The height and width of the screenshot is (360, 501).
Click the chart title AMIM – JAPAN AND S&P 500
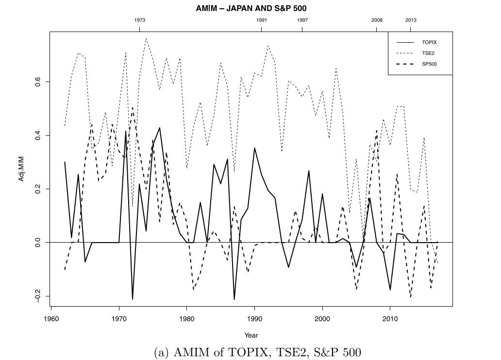(x=251, y=8)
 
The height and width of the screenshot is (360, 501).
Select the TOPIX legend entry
(x=429, y=42)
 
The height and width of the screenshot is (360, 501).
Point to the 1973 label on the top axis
(x=139, y=20)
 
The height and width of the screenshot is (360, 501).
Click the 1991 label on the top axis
(x=261, y=20)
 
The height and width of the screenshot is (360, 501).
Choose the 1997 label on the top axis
(x=302, y=20)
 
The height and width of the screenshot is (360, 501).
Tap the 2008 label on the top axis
(x=377, y=20)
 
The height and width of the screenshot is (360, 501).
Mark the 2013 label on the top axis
(x=411, y=20)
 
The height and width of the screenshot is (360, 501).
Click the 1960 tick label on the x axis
(x=51, y=319)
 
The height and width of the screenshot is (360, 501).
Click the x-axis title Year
(x=251, y=335)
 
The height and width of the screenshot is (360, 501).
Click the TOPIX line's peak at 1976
(x=160, y=128)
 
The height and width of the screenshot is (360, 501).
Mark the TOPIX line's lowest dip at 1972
(x=133, y=299)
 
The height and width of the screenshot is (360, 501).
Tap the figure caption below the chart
(x=251, y=352)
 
